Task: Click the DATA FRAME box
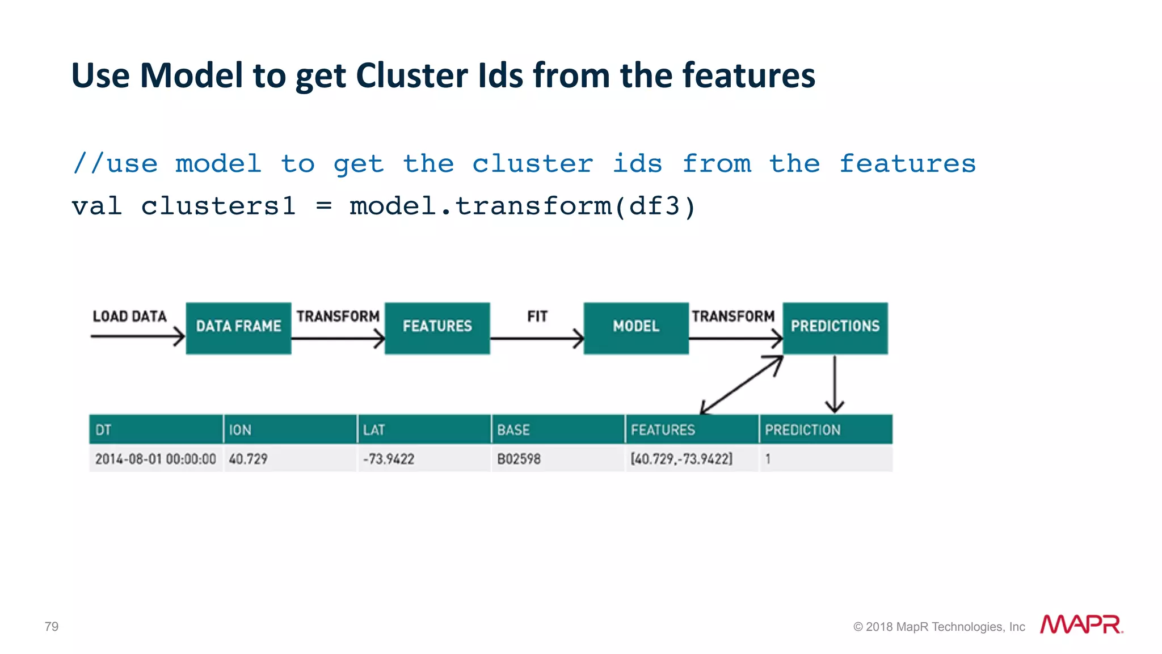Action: click(x=238, y=328)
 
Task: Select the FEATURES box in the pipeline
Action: click(x=437, y=328)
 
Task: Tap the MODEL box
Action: click(x=636, y=328)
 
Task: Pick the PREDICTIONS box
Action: click(x=835, y=328)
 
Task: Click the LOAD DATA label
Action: click(x=129, y=317)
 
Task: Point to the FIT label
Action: click(x=537, y=317)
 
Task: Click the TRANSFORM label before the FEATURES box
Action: click(x=338, y=317)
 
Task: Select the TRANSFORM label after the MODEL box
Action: click(x=732, y=317)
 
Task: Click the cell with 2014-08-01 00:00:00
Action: click(x=155, y=459)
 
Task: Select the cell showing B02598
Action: click(x=519, y=459)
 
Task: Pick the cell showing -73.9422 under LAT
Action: click(x=389, y=459)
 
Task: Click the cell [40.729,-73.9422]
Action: click(x=681, y=459)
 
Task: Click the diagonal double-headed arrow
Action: click(x=742, y=385)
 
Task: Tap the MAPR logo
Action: click(x=1081, y=625)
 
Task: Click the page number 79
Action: click(x=52, y=626)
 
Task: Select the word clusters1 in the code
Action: click(x=218, y=206)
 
